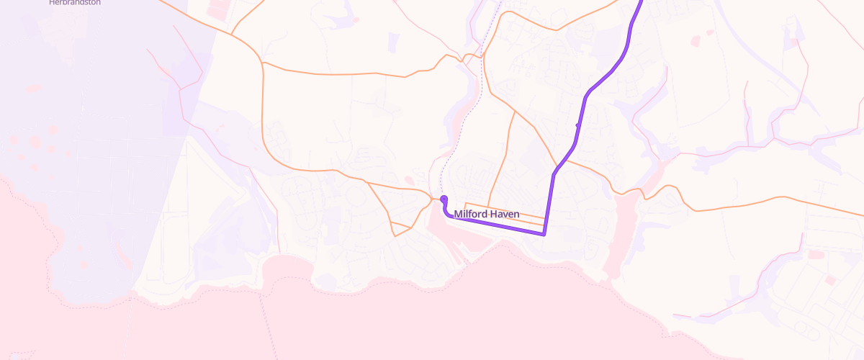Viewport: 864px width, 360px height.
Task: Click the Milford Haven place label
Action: click(x=486, y=215)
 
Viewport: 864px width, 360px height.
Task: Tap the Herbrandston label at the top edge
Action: click(x=75, y=3)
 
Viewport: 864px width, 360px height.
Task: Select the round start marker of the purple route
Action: click(x=444, y=199)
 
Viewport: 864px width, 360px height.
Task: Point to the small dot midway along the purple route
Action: click(x=577, y=125)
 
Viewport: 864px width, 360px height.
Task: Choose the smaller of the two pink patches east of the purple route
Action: click(x=710, y=32)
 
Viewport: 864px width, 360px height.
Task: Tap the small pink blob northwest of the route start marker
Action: click(x=411, y=180)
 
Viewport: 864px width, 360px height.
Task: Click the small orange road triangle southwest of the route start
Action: click(x=400, y=229)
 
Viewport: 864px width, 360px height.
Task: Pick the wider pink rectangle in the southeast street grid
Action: click(x=816, y=254)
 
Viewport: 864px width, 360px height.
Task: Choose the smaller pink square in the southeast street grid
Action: click(x=829, y=279)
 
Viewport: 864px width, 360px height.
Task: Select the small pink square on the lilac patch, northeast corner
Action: click(x=793, y=42)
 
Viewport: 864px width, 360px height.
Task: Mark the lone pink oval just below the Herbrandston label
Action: click(x=32, y=88)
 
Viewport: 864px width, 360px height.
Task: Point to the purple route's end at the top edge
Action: click(x=641, y=2)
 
